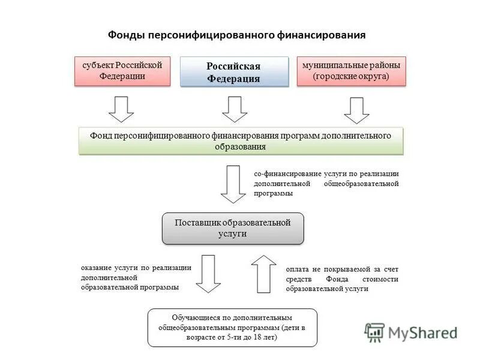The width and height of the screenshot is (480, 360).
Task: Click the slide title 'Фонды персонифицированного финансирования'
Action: [236, 35]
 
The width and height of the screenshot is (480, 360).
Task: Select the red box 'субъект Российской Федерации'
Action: [122, 71]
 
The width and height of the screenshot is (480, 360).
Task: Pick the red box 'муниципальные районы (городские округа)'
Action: [351, 71]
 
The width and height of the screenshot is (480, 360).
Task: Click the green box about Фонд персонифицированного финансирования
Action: [241, 141]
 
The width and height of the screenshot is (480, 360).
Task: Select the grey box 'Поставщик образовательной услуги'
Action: [233, 228]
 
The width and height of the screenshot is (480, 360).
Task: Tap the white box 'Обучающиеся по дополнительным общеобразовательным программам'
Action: [232, 328]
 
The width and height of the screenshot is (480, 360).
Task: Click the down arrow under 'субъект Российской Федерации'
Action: [121, 109]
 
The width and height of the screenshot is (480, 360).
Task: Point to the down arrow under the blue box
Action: [235, 109]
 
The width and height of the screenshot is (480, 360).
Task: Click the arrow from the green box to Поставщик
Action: [233, 184]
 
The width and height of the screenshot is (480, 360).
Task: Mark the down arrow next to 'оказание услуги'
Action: [208, 273]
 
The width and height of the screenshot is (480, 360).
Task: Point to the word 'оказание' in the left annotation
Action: [97, 268]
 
